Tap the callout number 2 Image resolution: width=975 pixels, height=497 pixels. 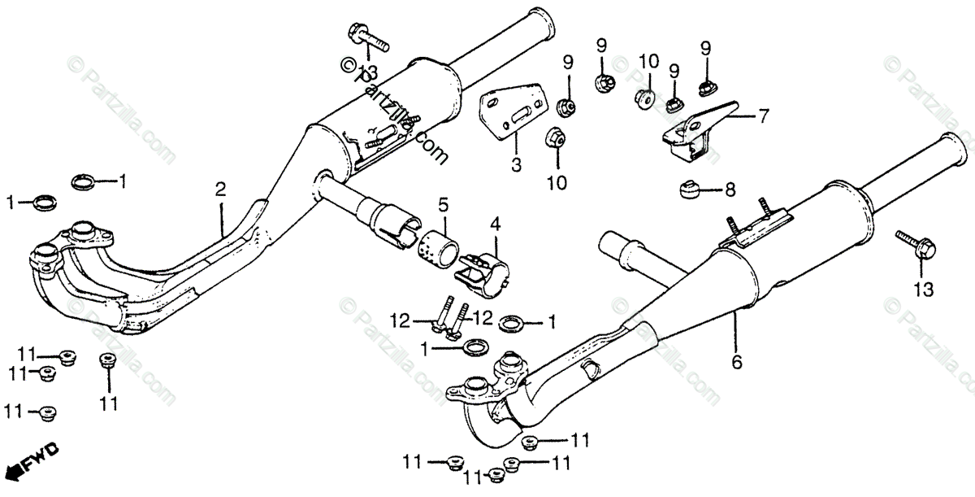coord(220,190)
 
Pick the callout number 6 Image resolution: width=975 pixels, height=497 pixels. coord(737,363)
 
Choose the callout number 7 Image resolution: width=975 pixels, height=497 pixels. coord(763,116)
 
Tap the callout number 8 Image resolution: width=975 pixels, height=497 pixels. coord(730,191)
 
